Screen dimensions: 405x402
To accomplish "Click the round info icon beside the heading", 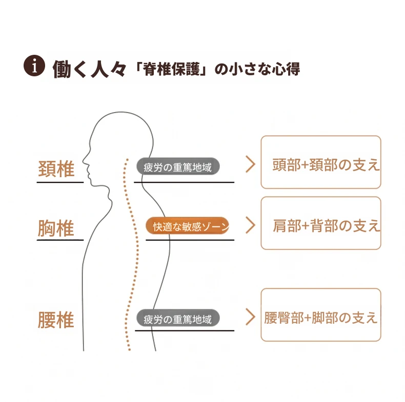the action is (x=34, y=66).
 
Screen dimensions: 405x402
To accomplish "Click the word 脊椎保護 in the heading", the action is (x=172, y=69).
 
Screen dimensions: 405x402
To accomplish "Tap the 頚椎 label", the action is (x=56, y=169).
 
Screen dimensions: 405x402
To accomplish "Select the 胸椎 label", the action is (x=56, y=228).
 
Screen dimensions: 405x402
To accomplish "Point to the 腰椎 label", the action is (x=56, y=320).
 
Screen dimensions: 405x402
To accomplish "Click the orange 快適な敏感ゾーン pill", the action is (x=188, y=226).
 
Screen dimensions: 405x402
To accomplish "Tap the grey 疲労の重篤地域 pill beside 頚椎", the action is (x=178, y=166).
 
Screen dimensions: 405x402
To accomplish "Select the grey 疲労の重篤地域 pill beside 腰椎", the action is (x=178, y=318).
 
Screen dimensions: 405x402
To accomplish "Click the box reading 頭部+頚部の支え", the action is (x=321, y=162).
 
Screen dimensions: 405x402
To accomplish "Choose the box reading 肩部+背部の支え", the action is (x=321, y=223).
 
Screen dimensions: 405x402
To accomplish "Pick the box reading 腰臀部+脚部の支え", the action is (x=321, y=315).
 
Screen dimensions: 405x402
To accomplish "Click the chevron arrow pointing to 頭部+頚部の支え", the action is (x=250, y=164).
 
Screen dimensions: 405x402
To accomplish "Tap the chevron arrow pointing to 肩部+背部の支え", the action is (x=250, y=225).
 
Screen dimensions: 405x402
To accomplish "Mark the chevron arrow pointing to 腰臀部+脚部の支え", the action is (x=250, y=316).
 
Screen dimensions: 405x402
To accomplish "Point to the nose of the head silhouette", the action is (x=84, y=161).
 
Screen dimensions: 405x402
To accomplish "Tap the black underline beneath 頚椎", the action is (x=60, y=182).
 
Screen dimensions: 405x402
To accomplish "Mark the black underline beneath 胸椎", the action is (x=60, y=240).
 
